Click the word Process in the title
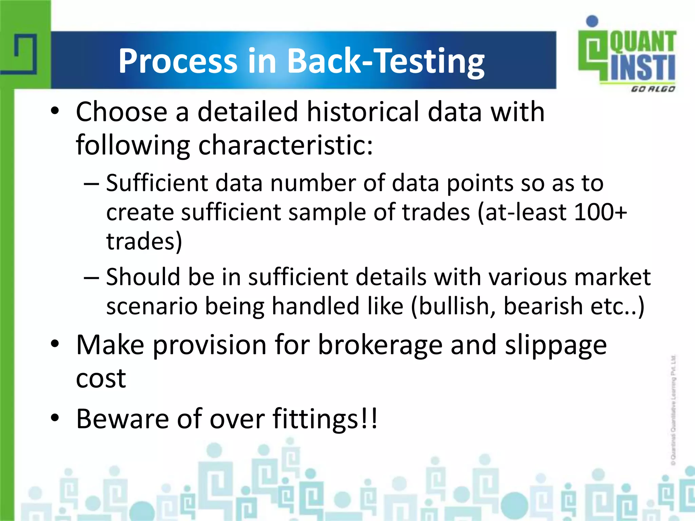tap(177, 61)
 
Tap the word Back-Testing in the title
tap(386, 61)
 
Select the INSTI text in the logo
tap(642, 68)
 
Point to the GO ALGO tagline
tap(653, 89)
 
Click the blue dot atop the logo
tap(592, 21)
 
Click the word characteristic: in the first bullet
tap(285, 145)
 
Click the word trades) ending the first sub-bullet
tap(144, 242)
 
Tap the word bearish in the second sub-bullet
tap(543, 306)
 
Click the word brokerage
tap(380, 345)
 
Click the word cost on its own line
tap(101, 379)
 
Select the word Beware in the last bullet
tap(122, 419)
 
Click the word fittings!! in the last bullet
tap(325, 419)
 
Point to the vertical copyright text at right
tap(673, 410)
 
